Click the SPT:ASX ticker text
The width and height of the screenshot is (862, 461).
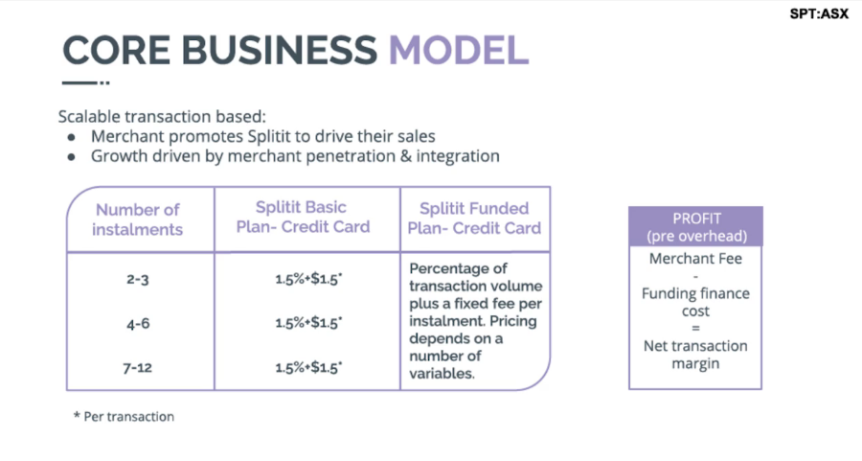click(x=819, y=13)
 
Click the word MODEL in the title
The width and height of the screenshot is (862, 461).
click(x=459, y=50)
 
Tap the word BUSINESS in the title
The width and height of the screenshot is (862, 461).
click(x=280, y=50)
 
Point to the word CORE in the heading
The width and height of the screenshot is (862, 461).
click(x=117, y=50)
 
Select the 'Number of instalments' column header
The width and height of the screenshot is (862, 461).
click(x=137, y=219)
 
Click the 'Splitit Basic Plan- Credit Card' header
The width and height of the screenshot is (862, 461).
click(x=303, y=217)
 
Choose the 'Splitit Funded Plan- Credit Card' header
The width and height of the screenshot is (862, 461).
click(x=474, y=218)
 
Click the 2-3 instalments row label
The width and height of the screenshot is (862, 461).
click(x=137, y=280)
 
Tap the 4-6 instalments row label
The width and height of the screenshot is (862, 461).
click(x=138, y=324)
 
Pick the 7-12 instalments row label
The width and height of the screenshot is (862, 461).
click(x=137, y=367)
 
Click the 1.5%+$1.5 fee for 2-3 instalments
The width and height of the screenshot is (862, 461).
click(x=308, y=279)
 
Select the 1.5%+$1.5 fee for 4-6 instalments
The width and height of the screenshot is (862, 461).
click(x=308, y=323)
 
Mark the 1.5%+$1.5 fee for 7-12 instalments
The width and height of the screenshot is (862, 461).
click(x=308, y=367)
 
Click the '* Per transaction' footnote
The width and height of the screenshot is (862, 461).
click(x=124, y=417)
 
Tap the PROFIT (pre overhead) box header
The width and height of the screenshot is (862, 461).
click(x=696, y=226)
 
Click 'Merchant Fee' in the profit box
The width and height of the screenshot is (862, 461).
click(x=695, y=259)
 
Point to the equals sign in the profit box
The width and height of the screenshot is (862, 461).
click(x=695, y=329)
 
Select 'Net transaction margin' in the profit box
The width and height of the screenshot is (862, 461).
click(x=695, y=355)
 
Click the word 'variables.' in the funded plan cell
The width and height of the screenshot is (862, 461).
click(x=442, y=374)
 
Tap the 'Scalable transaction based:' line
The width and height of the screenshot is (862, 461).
click(x=162, y=117)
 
